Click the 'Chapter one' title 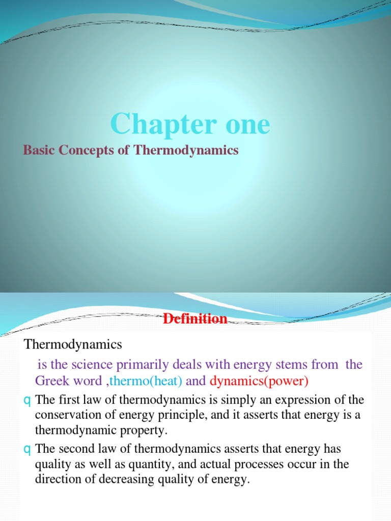point(190,124)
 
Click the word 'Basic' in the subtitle point(39,151)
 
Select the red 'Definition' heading point(195,319)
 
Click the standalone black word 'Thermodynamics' point(73,344)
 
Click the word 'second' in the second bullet point(75,449)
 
